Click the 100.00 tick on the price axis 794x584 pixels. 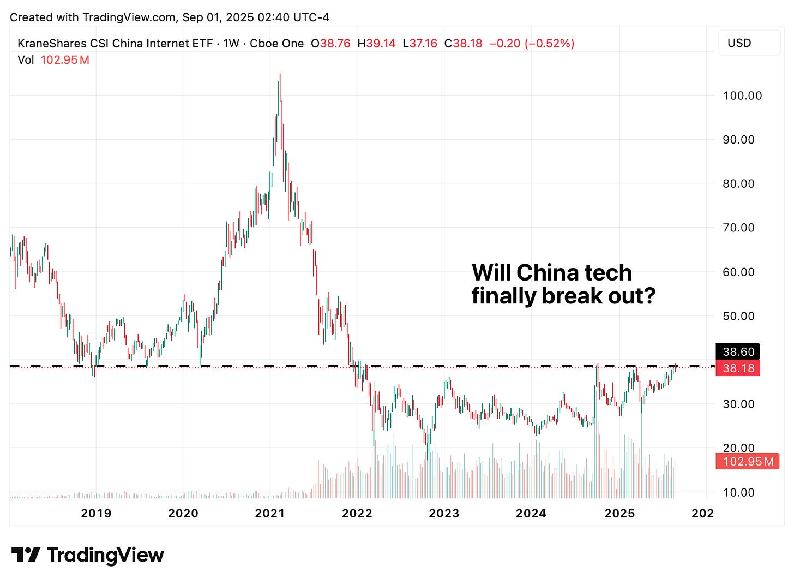click(742, 96)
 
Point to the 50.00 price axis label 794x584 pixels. click(738, 316)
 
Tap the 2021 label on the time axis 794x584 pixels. click(270, 513)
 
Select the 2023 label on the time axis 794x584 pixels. click(444, 513)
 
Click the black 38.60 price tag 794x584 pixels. click(738, 352)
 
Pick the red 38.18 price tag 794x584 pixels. click(738, 368)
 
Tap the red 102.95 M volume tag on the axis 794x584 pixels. click(748, 462)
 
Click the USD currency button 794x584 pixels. click(739, 43)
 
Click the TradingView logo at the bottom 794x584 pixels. click(88, 555)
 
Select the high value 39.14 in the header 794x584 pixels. click(380, 44)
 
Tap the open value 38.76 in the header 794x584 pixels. click(334, 44)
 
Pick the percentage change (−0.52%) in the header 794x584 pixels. click(549, 44)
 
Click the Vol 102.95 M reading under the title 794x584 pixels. click(53, 60)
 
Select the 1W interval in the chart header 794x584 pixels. click(231, 44)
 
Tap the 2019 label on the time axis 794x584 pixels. click(96, 513)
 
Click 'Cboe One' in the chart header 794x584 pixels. click(276, 44)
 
